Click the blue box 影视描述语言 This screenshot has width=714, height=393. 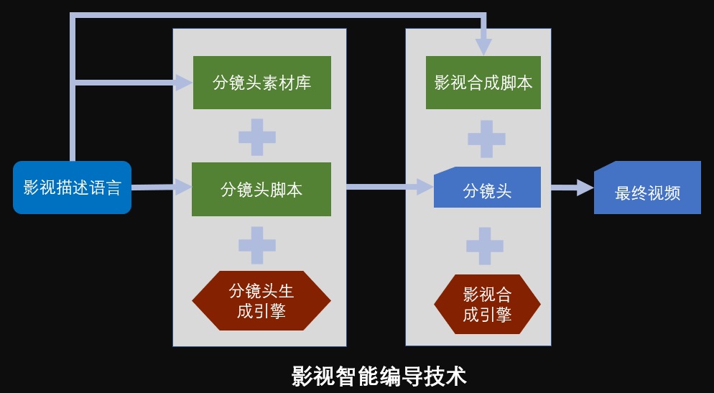(72, 188)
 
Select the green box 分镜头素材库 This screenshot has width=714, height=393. (262, 83)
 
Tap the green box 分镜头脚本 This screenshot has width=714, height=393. (261, 189)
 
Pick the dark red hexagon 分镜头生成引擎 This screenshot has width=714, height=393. (261, 300)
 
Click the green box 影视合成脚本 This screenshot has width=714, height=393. (483, 83)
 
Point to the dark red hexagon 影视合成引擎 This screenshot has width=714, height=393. (487, 304)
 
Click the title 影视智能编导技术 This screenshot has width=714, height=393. (379, 376)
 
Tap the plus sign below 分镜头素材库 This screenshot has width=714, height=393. (257, 137)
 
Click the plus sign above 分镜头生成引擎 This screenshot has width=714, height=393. (257, 245)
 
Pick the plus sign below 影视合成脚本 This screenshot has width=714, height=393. (486, 139)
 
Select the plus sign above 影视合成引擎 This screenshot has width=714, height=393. (484, 246)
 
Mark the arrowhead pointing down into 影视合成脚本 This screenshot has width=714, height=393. (483, 46)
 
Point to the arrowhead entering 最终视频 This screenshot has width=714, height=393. (585, 188)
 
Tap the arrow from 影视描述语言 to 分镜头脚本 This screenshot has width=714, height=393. (161, 187)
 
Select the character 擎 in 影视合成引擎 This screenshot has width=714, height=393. (503, 314)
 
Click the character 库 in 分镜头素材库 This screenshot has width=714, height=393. (303, 83)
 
